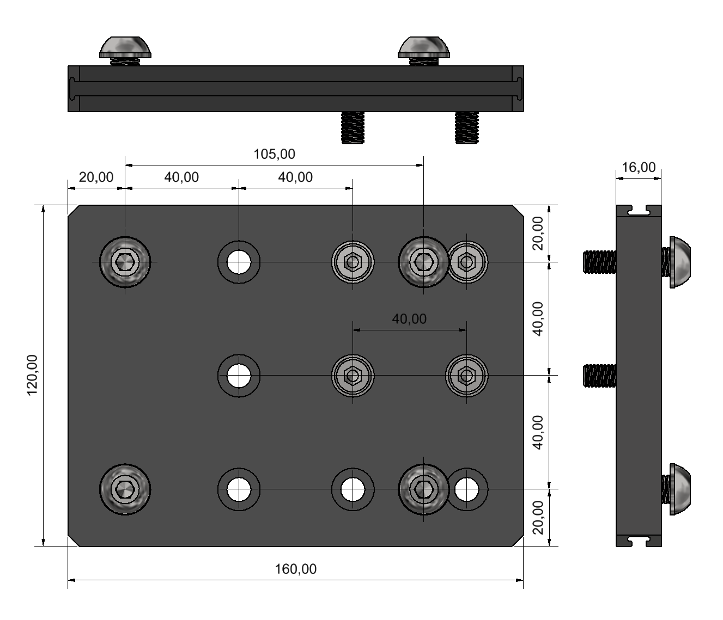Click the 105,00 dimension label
(x=274, y=154)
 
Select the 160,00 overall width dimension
(x=295, y=569)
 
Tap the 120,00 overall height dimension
(x=32, y=376)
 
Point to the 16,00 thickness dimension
(x=639, y=168)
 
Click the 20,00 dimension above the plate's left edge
(x=96, y=177)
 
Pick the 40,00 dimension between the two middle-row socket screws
(x=409, y=319)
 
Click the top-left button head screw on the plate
(x=125, y=262)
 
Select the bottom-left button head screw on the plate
(x=125, y=489)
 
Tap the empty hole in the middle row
(x=239, y=376)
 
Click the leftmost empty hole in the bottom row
(x=239, y=489)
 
